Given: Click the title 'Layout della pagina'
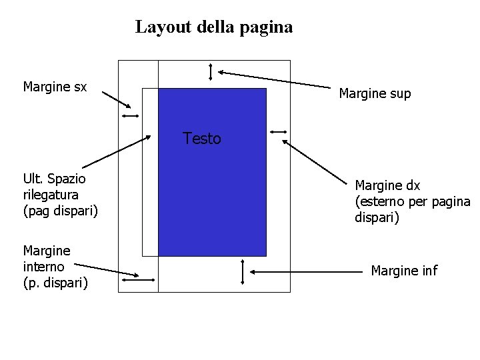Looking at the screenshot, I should [x=213, y=27].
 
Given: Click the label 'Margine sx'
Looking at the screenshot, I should [x=55, y=87].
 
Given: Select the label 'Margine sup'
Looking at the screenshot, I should [x=375, y=94].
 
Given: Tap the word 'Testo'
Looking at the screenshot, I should [x=201, y=139].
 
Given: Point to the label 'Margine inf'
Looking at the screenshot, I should [x=404, y=271].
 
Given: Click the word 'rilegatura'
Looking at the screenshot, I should [x=51, y=195].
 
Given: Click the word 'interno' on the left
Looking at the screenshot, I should [x=44, y=267].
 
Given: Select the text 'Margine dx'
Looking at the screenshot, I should [x=387, y=185].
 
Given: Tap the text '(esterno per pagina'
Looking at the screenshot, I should [x=412, y=201].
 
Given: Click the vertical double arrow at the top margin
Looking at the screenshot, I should [x=211, y=71].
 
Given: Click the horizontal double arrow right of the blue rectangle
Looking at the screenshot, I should [x=279, y=131].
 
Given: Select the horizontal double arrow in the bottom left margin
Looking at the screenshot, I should [x=139, y=281].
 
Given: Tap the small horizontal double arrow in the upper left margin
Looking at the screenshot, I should [x=129, y=117].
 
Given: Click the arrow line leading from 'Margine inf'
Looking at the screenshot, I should [x=307, y=272].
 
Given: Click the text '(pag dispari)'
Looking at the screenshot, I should [x=60, y=211].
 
